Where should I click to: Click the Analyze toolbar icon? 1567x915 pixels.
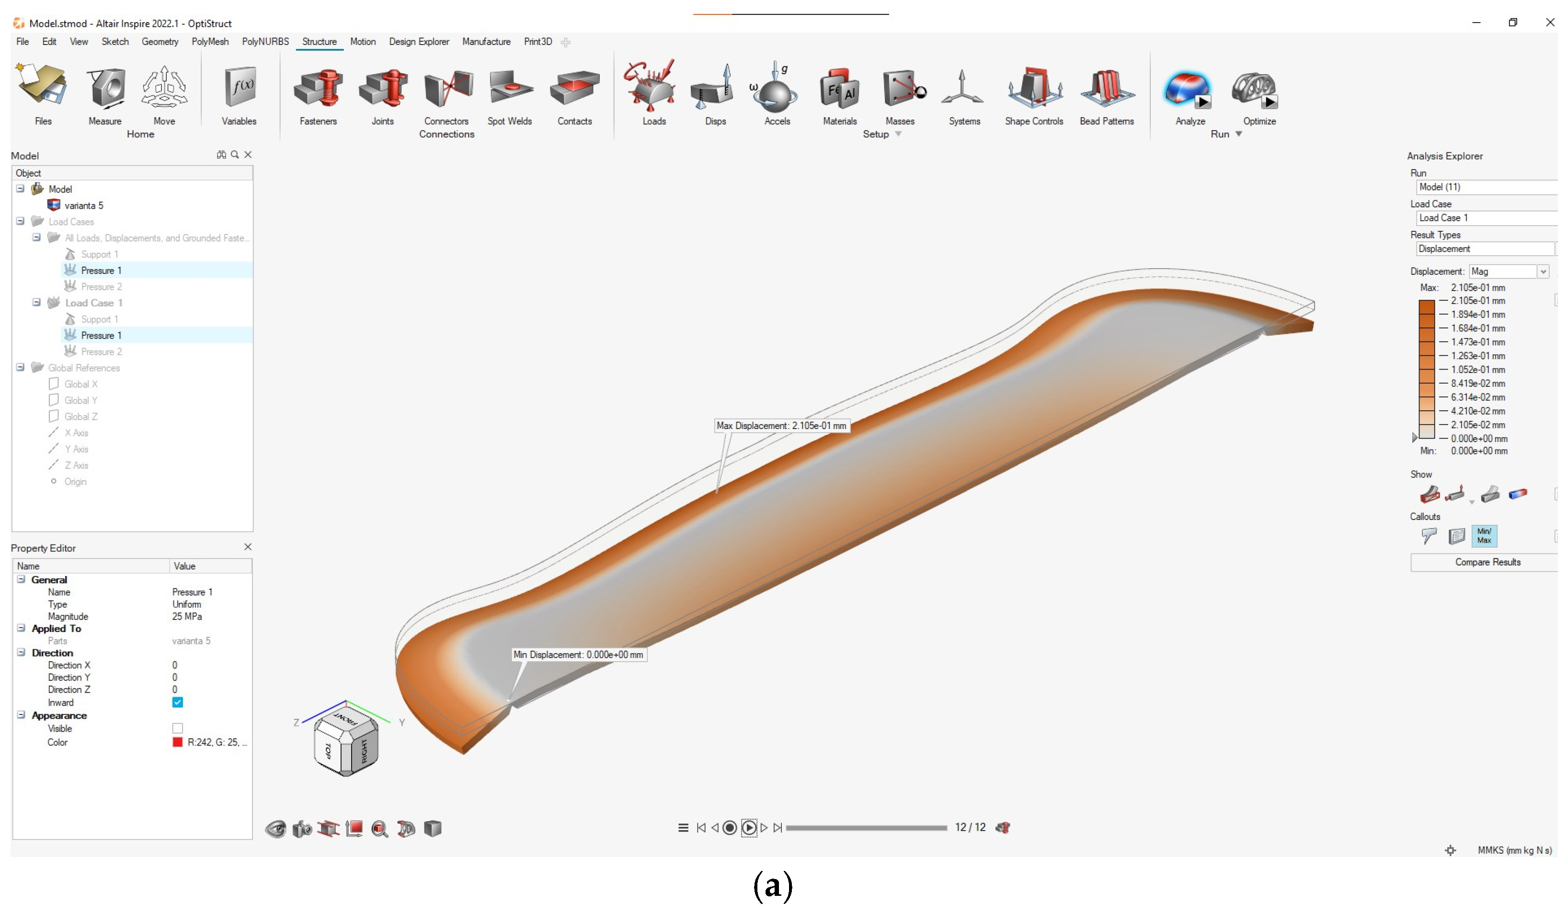click(x=1189, y=90)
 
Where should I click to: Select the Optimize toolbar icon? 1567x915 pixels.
click(x=1258, y=90)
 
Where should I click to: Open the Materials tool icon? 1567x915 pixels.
click(x=839, y=90)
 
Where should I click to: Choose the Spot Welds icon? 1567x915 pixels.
click(x=509, y=90)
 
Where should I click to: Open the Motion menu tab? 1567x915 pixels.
click(x=363, y=42)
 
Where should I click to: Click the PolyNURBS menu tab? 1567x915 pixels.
click(x=265, y=42)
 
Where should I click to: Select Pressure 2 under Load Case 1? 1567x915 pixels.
click(x=102, y=352)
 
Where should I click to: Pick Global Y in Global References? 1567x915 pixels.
click(x=81, y=400)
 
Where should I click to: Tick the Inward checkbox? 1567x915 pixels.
click(x=178, y=702)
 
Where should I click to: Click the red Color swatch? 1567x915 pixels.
click(x=178, y=742)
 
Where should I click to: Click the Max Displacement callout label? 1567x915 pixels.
click(x=781, y=426)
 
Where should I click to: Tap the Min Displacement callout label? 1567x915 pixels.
click(x=578, y=655)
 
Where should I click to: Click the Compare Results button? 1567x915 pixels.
click(x=1487, y=563)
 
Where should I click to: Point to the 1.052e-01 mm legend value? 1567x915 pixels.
click(x=1477, y=370)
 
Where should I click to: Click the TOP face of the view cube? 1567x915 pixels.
click(x=328, y=751)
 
